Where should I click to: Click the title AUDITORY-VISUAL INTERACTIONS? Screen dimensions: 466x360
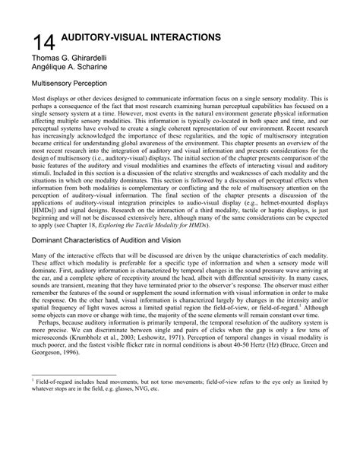pos(141,37)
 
